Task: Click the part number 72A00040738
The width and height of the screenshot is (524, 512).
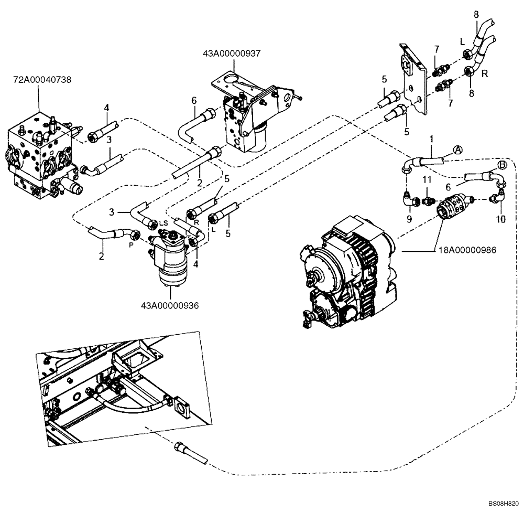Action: (x=42, y=80)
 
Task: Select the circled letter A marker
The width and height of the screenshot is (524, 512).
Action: (x=457, y=150)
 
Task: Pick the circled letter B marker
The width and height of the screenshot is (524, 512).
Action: (x=502, y=165)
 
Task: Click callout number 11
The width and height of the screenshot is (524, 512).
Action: (x=427, y=179)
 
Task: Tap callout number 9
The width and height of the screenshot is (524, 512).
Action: (x=409, y=218)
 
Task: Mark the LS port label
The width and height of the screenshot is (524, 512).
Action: (x=163, y=223)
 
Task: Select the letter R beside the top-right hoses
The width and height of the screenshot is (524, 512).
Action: (x=485, y=73)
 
